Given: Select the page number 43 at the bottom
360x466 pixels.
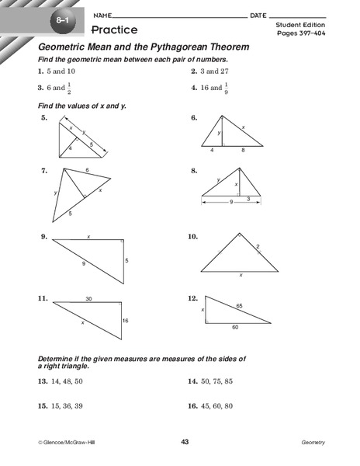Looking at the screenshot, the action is click(185, 442).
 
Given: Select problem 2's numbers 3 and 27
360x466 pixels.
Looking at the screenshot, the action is click(216, 70).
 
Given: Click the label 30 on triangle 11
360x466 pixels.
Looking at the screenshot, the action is click(89, 298).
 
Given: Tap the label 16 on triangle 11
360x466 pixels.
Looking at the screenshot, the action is click(126, 320).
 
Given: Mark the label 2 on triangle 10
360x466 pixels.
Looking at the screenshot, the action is click(258, 246).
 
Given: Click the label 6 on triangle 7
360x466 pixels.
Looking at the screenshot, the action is click(87, 169).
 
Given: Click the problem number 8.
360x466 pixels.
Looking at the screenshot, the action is click(192, 170).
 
